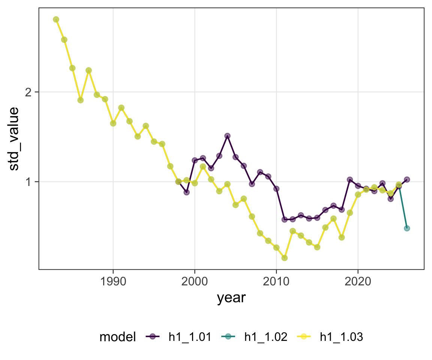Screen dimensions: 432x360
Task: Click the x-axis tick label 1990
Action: click(113, 282)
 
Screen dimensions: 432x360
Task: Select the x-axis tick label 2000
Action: click(195, 282)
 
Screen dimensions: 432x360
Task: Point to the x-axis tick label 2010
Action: click(276, 282)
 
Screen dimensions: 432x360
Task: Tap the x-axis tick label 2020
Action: click(358, 282)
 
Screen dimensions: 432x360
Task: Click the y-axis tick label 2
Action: click(28, 92)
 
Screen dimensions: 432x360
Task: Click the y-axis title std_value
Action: click(14, 139)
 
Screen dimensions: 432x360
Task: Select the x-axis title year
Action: click(231, 298)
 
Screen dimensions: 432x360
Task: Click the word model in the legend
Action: click(118, 337)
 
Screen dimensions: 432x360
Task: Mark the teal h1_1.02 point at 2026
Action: click(406, 228)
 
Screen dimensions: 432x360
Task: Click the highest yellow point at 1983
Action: click(56, 19)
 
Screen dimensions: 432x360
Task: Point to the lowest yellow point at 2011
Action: click(284, 258)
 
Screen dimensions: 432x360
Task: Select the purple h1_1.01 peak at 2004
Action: click(227, 136)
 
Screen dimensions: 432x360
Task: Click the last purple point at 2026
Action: click(406, 180)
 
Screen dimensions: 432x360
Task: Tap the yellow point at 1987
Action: click(88, 70)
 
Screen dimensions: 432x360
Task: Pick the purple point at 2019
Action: click(349, 180)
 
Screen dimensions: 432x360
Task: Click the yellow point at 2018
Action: click(341, 237)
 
